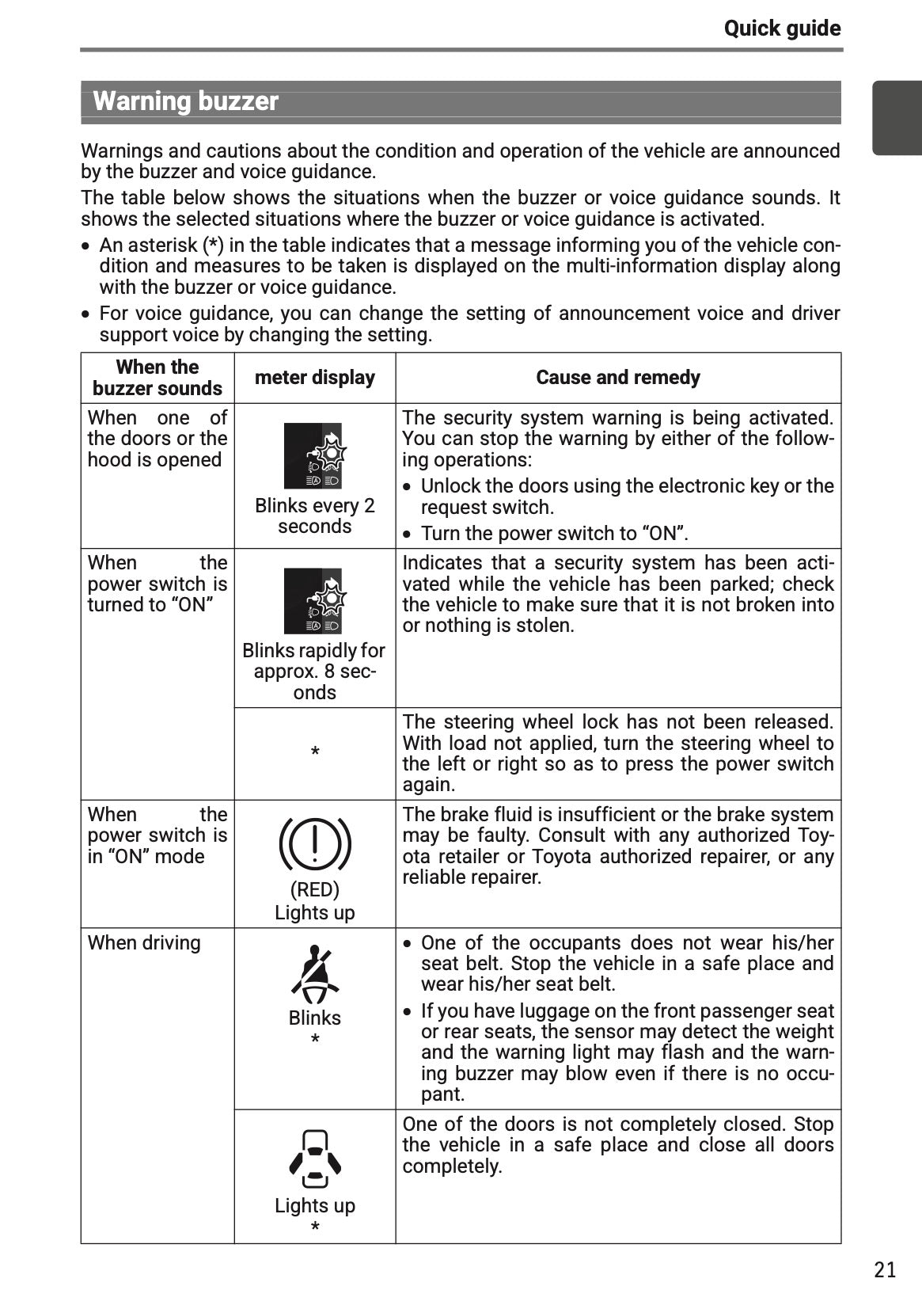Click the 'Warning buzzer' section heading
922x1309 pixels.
click(x=186, y=101)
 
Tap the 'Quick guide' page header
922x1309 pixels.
click(x=781, y=29)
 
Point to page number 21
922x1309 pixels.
click(x=885, y=1269)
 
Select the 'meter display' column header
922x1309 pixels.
click(x=314, y=378)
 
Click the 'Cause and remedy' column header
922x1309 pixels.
click(x=617, y=378)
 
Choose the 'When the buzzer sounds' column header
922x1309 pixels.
click(x=157, y=378)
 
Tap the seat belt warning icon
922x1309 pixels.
click(x=315, y=973)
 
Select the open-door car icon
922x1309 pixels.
click(x=315, y=1159)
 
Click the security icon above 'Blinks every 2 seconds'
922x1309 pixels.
click(x=313, y=456)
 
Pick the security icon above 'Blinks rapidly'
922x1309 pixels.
click(x=313, y=601)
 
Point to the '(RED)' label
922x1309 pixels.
click(x=314, y=889)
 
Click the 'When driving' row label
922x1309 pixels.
click(x=144, y=942)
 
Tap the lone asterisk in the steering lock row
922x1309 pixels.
click(x=315, y=752)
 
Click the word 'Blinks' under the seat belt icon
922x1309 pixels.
click(x=314, y=1018)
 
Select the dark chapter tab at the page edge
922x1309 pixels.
click(x=897, y=118)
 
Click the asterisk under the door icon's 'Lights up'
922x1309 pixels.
click(x=315, y=1227)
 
